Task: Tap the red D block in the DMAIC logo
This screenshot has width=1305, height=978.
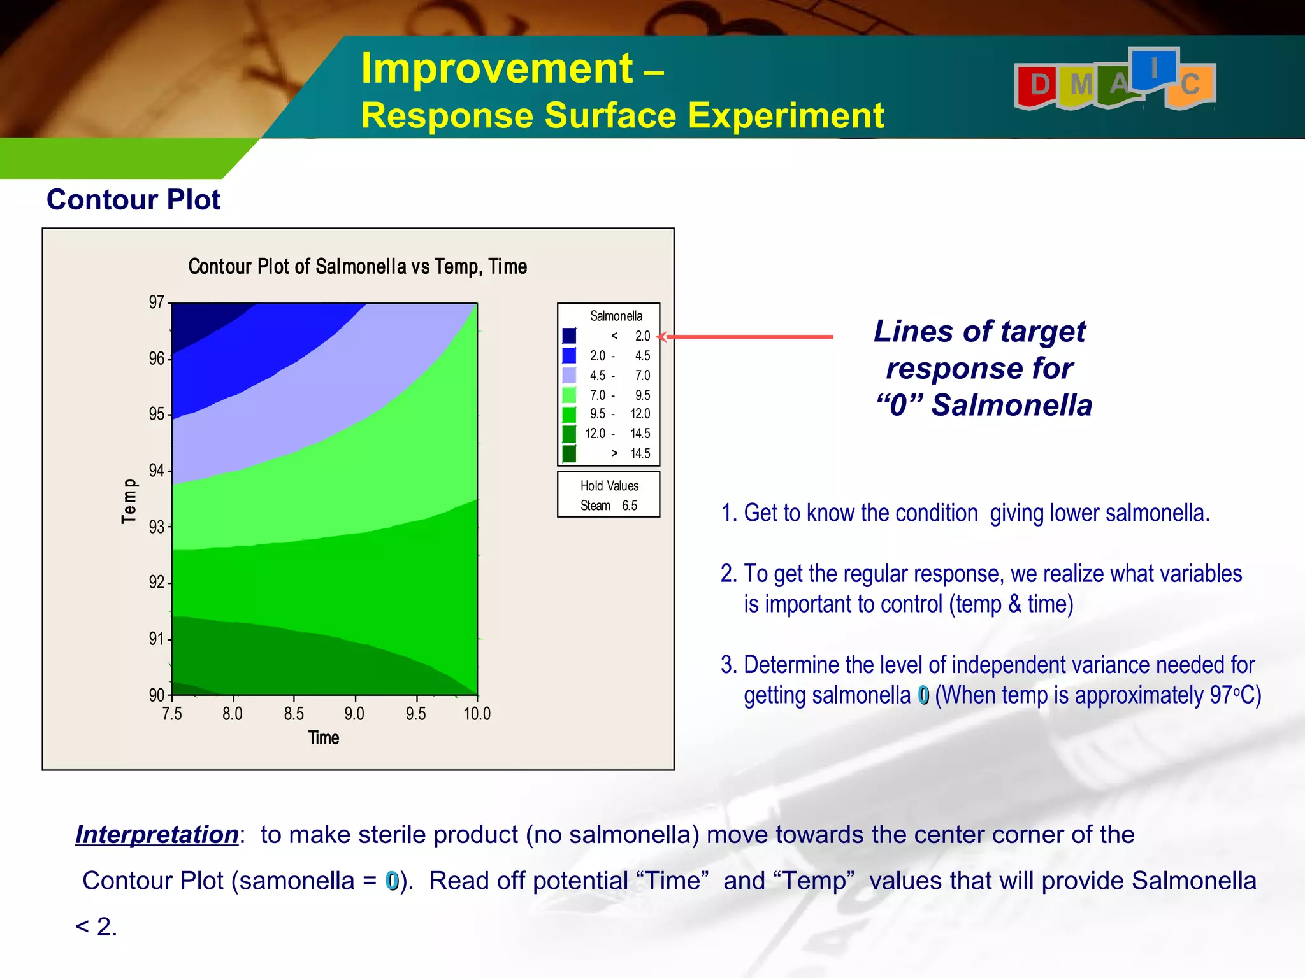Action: pos(1039,85)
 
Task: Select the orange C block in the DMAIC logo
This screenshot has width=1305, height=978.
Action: pos(1190,85)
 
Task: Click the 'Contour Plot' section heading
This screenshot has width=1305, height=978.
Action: pos(133,200)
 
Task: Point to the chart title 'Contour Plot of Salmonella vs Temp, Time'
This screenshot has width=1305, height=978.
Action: pos(357,266)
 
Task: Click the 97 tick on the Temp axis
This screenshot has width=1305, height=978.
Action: pos(157,302)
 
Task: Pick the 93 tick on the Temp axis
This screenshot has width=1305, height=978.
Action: pos(157,527)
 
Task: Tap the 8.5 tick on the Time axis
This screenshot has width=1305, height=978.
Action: pos(294,714)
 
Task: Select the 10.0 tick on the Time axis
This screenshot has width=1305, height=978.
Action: pos(477,714)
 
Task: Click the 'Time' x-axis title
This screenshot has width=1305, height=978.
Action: pos(324,738)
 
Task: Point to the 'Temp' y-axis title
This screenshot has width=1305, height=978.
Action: pos(129,501)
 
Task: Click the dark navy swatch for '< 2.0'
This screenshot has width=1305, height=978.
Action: pos(569,336)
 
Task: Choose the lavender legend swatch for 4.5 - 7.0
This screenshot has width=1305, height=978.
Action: pos(569,375)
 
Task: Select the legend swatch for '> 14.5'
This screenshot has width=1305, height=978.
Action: pos(569,453)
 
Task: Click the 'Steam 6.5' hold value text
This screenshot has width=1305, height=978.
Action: pos(609,506)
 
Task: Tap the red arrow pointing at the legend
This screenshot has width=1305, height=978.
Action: pos(746,336)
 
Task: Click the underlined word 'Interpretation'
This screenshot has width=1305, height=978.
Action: pos(157,835)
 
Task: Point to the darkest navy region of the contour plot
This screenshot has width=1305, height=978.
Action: pos(198,322)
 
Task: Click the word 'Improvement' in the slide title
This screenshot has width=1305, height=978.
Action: pos(497,68)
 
